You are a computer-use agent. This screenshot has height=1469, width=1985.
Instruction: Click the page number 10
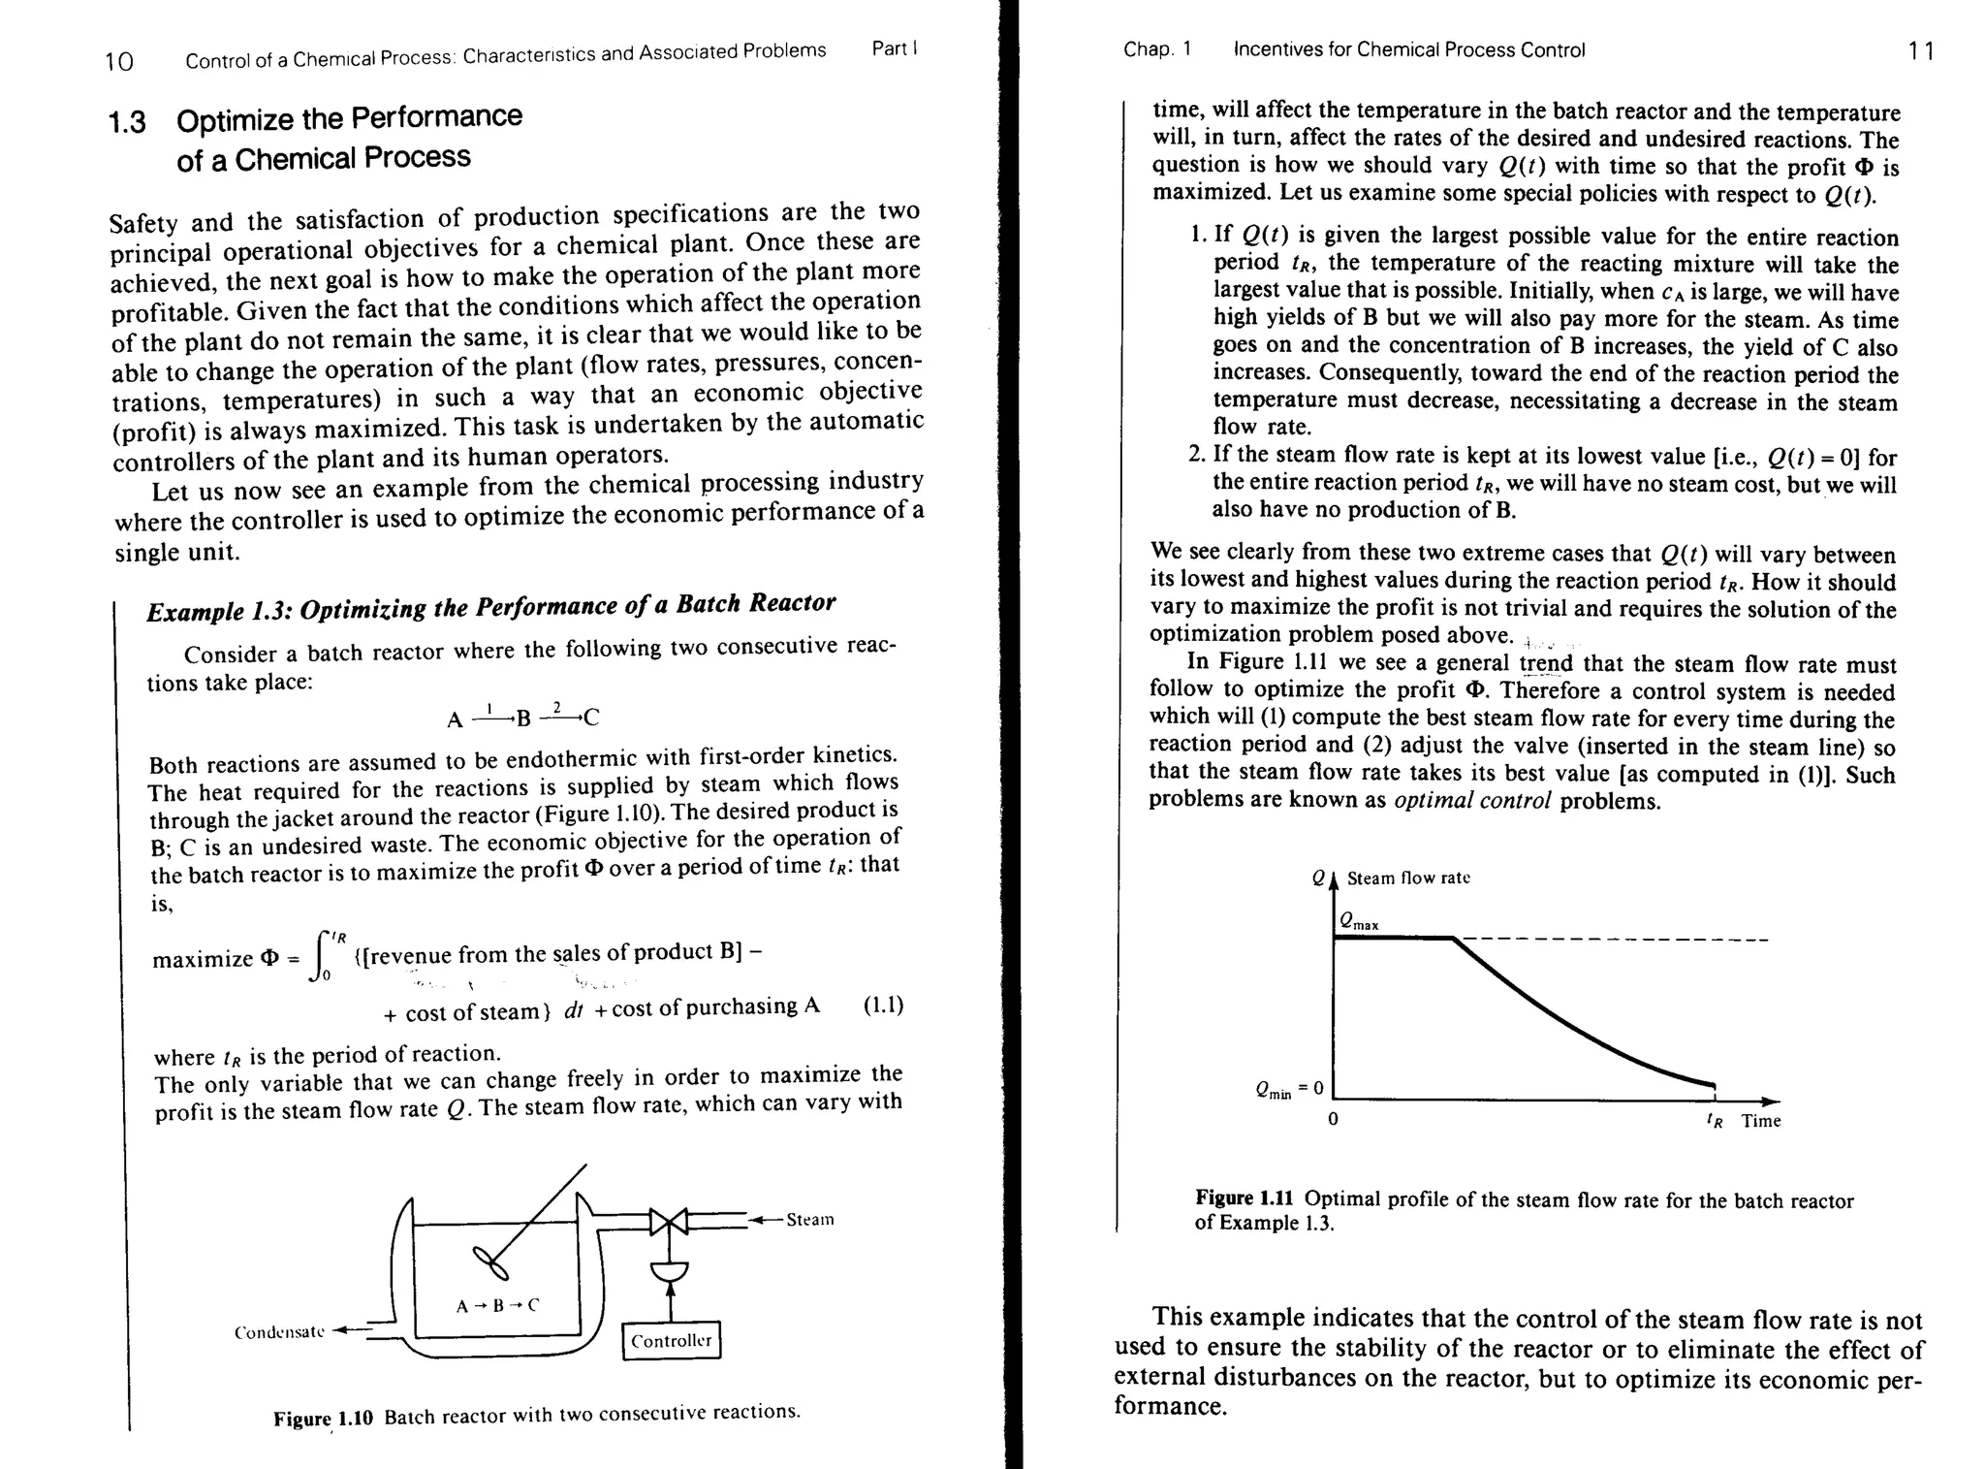coord(119,62)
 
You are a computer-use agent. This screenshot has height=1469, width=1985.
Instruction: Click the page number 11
coord(1920,50)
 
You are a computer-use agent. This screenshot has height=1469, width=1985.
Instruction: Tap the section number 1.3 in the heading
coord(127,123)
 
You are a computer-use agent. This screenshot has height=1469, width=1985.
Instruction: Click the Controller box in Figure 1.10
coord(671,1340)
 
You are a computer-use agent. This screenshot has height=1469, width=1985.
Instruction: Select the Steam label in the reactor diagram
coord(809,1219)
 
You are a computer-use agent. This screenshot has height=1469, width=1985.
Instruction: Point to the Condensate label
coord(278,1332)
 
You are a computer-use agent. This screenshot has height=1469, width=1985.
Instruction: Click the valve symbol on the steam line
coord(668,1222)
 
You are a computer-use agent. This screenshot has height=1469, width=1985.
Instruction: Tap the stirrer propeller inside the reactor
coord(490,1264)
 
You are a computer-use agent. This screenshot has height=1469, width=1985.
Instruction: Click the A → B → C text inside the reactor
coord(496,1305)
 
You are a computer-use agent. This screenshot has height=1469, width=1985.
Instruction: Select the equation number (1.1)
coord(883,1005)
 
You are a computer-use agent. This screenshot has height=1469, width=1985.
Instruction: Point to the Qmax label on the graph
coord(1358,921)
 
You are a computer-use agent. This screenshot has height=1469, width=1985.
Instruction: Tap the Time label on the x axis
coord(1760,1121)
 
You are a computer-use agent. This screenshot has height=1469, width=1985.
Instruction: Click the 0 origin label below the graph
coord(1333,1120)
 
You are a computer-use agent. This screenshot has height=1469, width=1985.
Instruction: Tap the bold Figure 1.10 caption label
coord(323,1419)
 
